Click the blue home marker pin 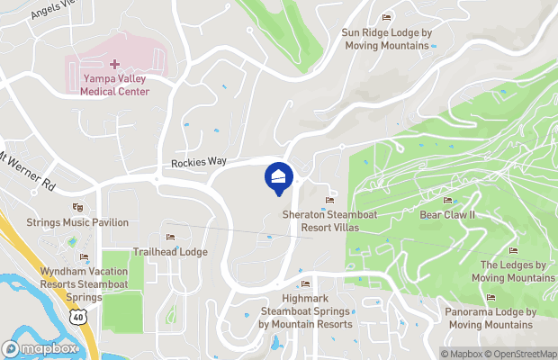[278, 176]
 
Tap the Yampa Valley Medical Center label [114, 85]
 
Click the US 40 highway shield [79, 318]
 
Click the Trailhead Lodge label [170, 252]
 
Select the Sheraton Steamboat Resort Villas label [320, 221]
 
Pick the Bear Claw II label [447, 216]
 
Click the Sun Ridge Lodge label [387, 39]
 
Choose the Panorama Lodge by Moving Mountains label [490, 318]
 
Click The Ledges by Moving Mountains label [513, 271]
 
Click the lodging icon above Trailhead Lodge [170, 237]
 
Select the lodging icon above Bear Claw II [447, 200]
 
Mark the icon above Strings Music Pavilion [76, 207]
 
